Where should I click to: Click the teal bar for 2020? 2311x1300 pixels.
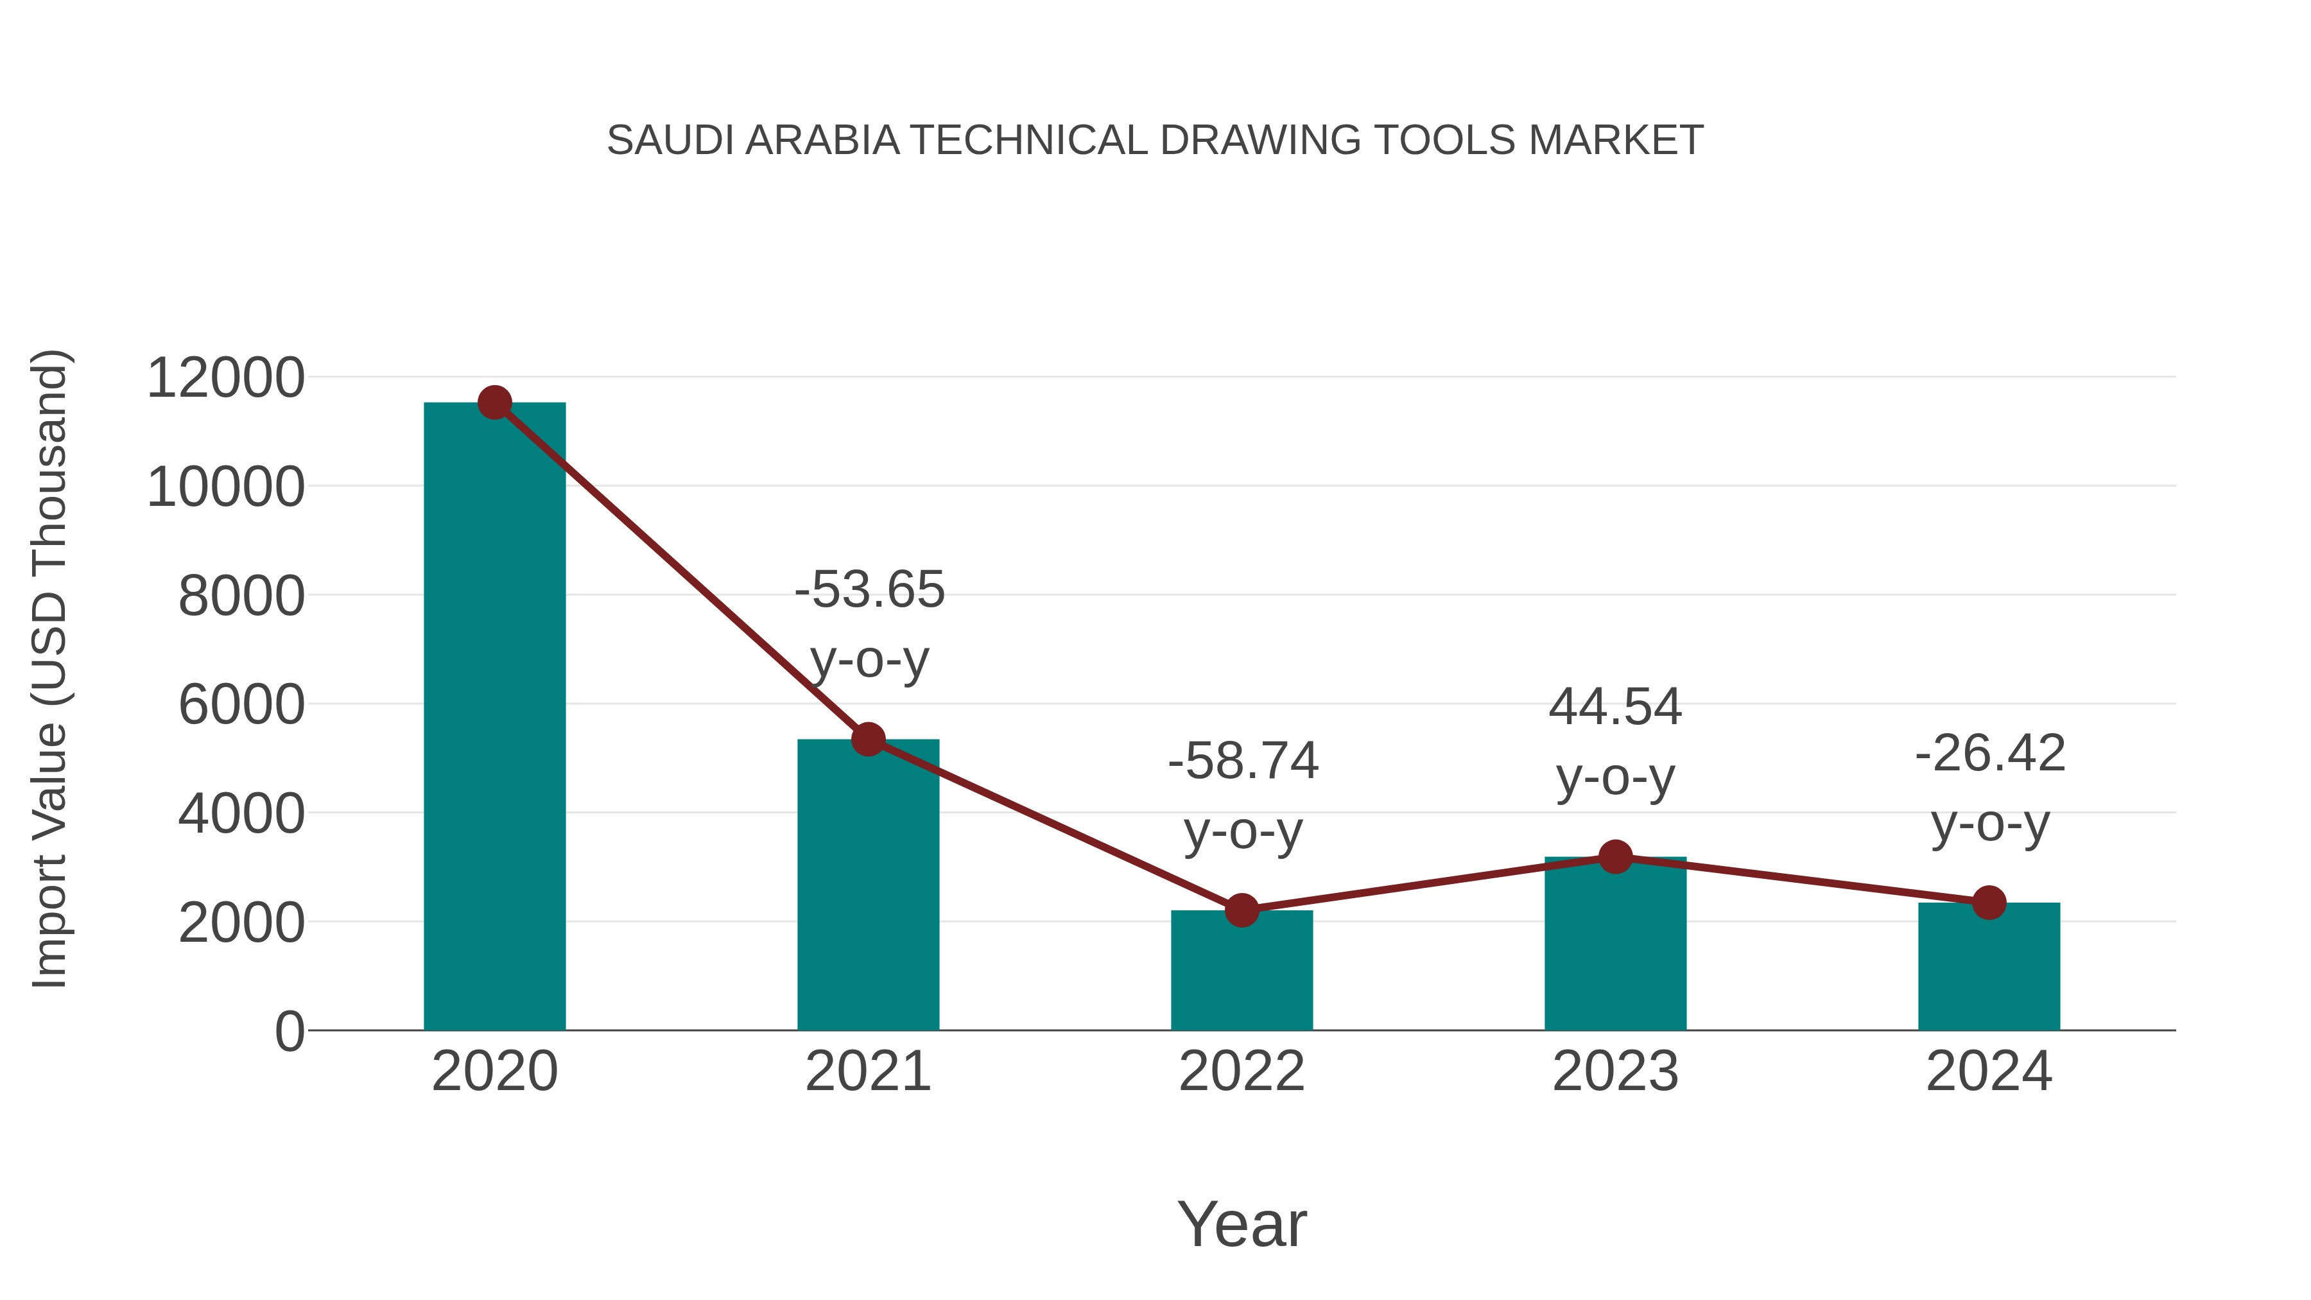[494, 718]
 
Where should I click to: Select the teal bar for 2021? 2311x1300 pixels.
[867, 888]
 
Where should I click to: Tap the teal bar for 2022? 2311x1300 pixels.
[1242, 973]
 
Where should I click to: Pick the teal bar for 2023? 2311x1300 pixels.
[1615, 946]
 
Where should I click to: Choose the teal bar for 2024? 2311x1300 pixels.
[1989, 969]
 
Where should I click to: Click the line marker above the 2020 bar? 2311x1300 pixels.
[494, 403]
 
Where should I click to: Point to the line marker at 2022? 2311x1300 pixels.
[1242, 910]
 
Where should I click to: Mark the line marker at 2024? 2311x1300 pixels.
[1989, 903]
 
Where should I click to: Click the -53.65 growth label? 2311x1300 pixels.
[869, 591]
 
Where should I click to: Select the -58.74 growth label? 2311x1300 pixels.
[1243, 761]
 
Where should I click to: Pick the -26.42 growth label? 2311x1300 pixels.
[1990, 754]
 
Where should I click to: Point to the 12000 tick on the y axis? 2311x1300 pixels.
[225, 377]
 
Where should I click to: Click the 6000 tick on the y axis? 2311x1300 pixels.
[241, 705]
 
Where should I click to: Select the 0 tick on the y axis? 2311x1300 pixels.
[289, 1032]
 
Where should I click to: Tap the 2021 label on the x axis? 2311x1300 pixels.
[867, 1072]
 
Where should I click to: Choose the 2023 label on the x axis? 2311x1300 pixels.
[1615, 1072]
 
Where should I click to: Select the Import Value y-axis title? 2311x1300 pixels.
[50, 668]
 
